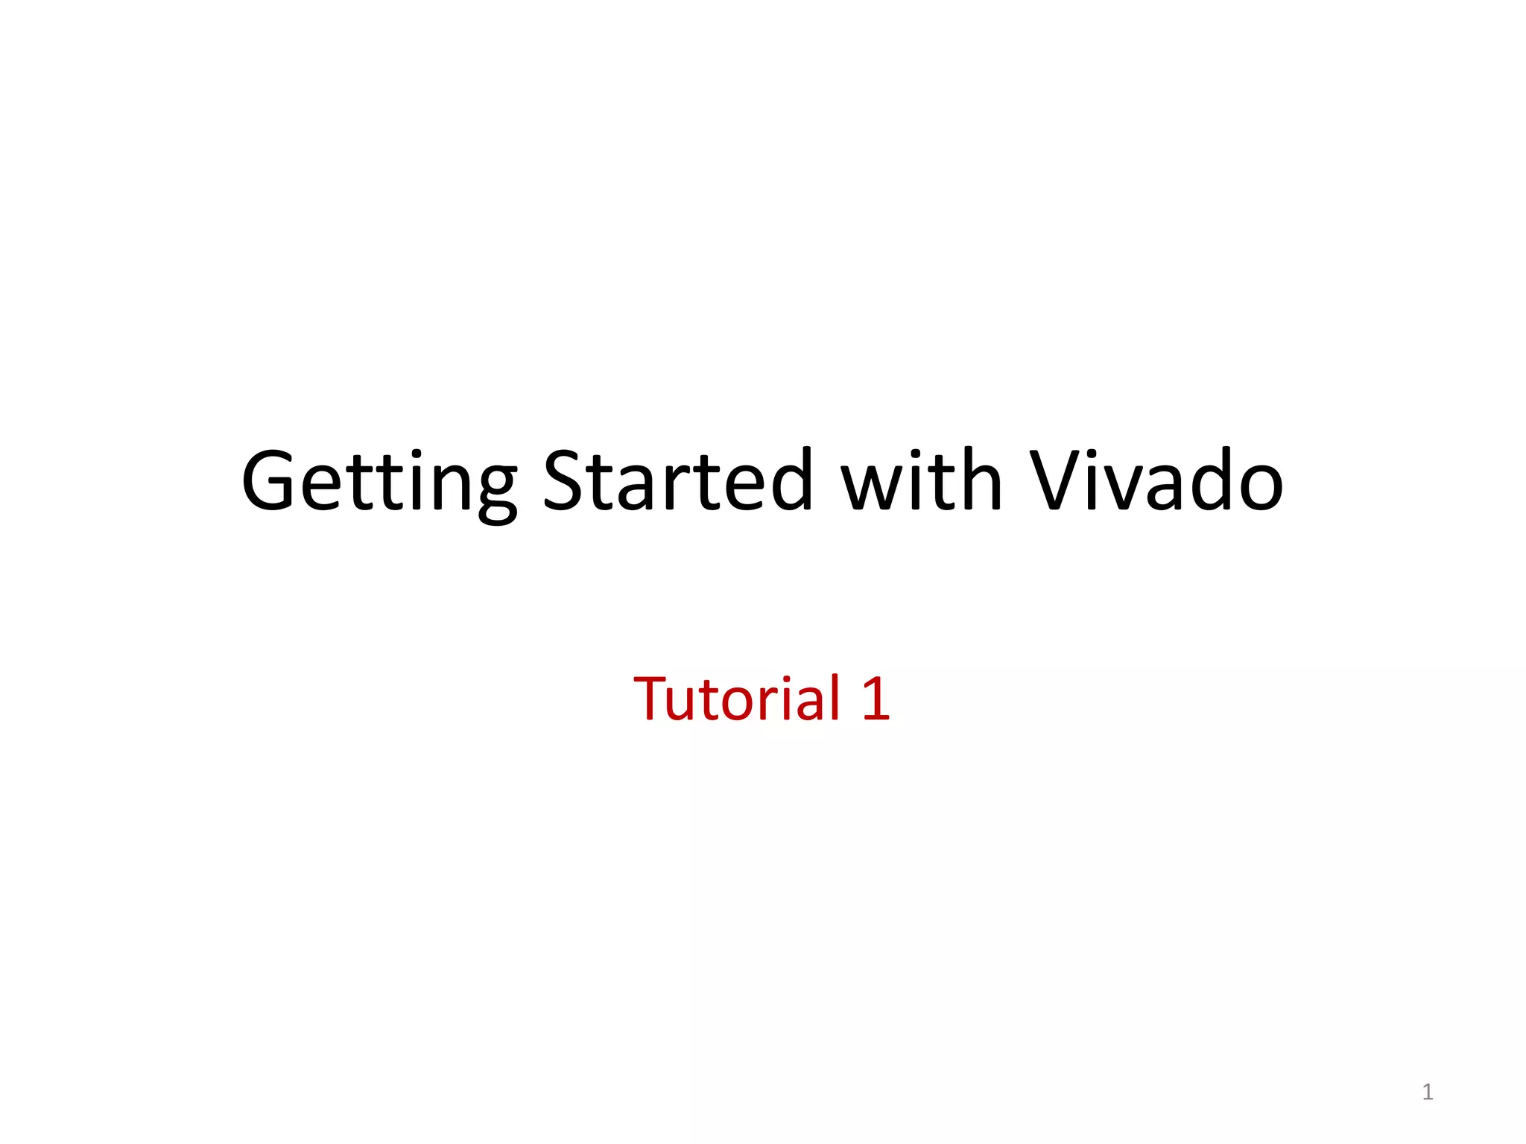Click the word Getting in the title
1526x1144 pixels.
pos(379,482)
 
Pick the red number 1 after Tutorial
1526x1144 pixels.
pos(875,699)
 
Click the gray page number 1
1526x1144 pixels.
pos(1427,1092)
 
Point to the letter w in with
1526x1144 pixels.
pos(872,488)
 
